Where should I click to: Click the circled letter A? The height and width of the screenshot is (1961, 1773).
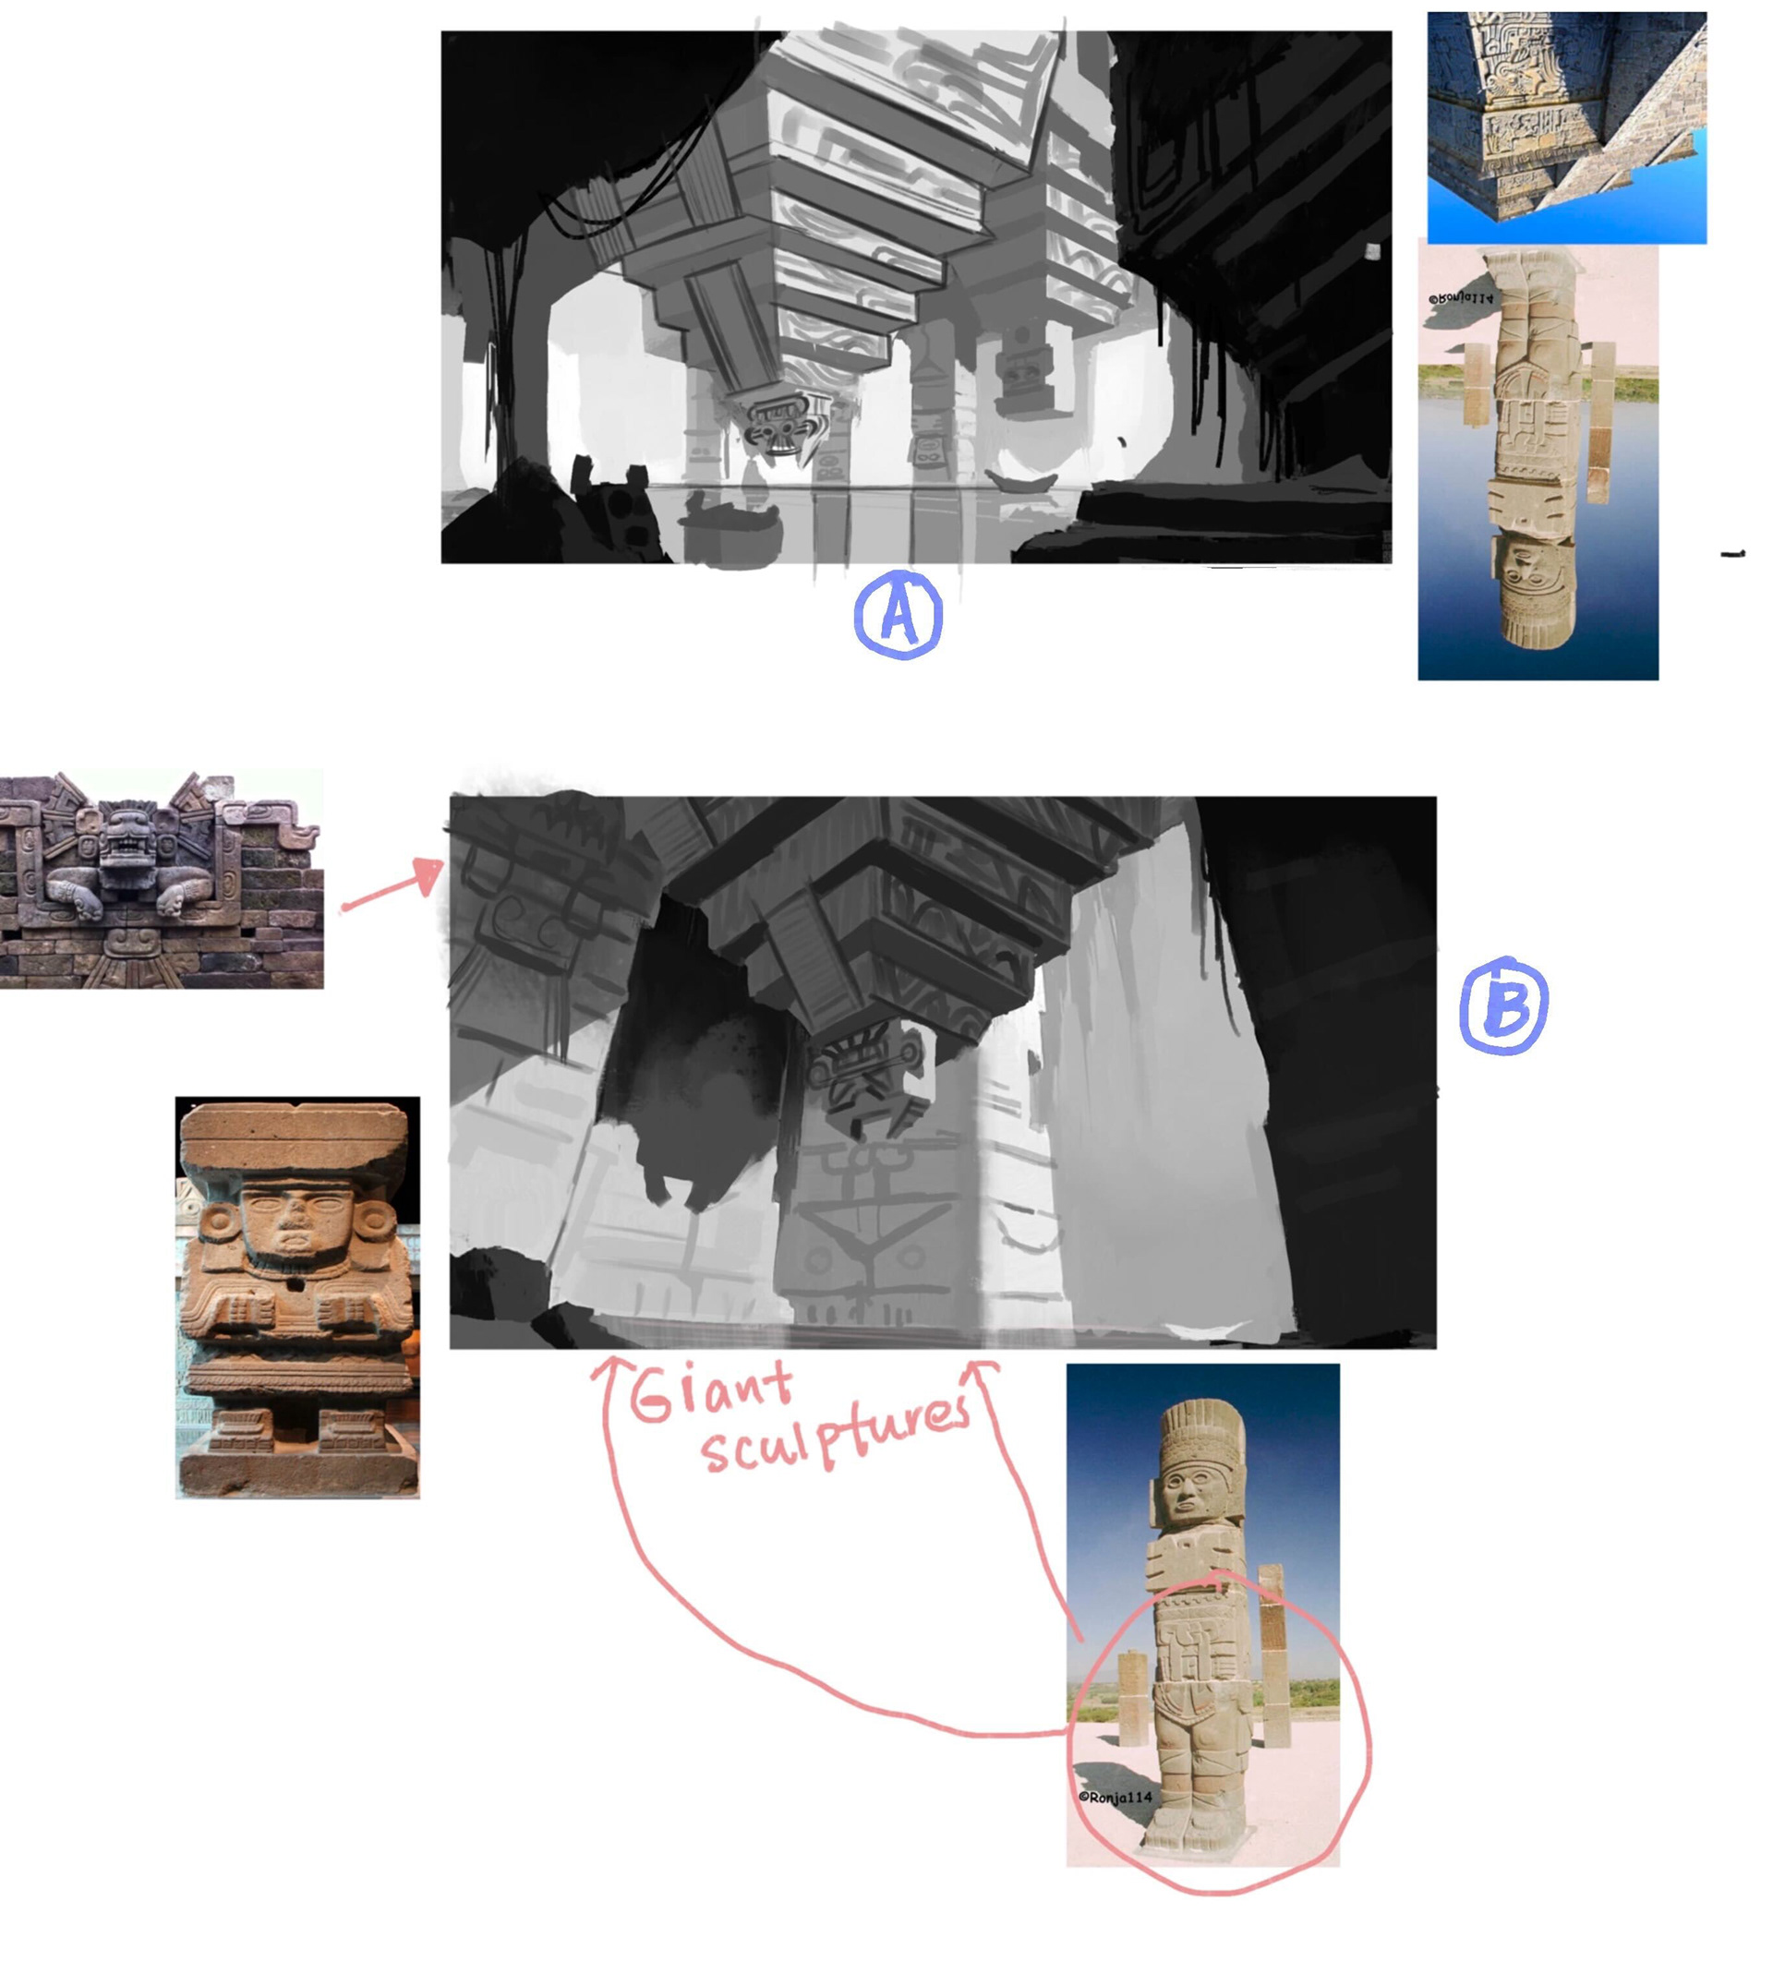pos(898,615)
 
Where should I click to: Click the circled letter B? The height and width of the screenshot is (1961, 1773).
pos(1503,1005)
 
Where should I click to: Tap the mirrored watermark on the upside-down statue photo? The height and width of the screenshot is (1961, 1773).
pos(1460,298)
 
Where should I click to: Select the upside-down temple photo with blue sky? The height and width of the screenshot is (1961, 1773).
pos(1566,127)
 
